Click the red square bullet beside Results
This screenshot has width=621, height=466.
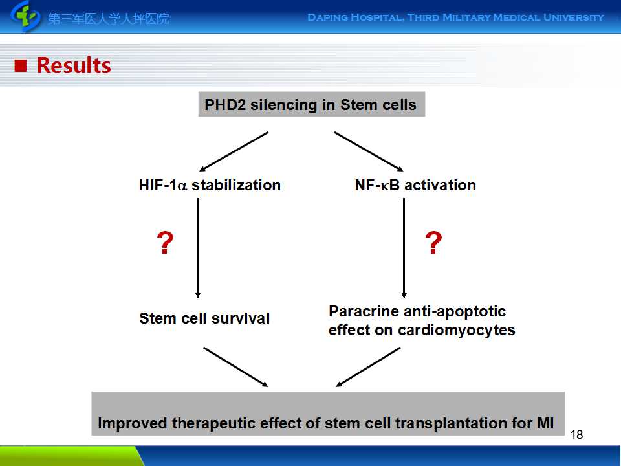(21, 66)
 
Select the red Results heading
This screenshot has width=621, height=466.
(74, 65)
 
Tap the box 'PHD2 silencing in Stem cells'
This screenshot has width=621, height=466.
(312, 104)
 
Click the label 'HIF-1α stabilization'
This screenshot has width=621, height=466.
(210, 185)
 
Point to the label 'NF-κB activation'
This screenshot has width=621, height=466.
(415, 185)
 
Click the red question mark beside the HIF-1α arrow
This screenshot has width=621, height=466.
(165, 243)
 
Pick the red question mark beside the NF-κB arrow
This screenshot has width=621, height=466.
(433, 243)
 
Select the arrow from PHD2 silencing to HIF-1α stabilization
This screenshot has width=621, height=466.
(234, 151)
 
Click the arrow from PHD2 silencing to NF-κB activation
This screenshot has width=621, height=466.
(369, 151)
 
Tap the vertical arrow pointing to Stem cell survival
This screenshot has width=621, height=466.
(198, 248)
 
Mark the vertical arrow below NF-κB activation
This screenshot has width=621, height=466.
(404, 248)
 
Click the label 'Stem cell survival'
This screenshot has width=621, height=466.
(204, 318)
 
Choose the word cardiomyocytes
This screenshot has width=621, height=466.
(456, 331)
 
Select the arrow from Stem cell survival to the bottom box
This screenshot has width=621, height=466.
(235, 367)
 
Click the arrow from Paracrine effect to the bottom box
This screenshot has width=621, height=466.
(368, 367)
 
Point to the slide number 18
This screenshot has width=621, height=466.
(576, 435)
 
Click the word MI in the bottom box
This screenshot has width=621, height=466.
(545, 423)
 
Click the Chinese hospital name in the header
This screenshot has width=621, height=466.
(109, 18)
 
